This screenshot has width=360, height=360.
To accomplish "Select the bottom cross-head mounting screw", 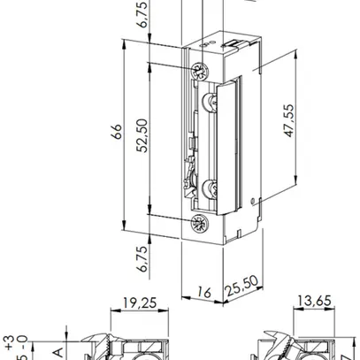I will [x=198, y=220].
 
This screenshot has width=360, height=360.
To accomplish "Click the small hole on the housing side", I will [x=254, y=199].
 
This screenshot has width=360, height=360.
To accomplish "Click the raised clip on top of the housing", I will [x=233, y=43].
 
